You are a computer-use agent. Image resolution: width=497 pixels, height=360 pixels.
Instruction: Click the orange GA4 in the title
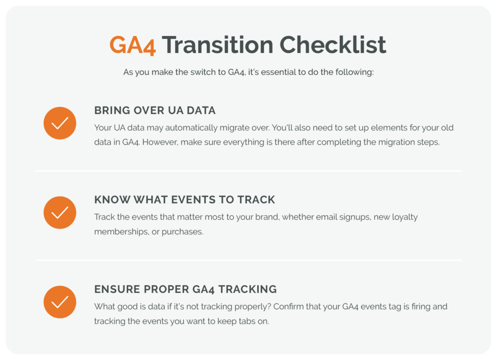click(133, 45)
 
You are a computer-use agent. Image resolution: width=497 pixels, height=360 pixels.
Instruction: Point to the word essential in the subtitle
click(278, 72)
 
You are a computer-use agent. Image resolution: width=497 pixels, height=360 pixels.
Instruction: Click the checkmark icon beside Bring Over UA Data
click(60, 123)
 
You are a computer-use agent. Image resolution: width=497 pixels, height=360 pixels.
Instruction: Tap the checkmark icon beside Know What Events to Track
click(60, 213)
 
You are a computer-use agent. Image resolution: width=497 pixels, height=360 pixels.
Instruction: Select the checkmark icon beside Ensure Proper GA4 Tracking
click(60, 302)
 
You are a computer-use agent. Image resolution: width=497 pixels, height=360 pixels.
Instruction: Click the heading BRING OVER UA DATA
click(155, 110)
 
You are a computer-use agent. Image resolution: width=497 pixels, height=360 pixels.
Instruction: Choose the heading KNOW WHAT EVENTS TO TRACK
click(184, 199)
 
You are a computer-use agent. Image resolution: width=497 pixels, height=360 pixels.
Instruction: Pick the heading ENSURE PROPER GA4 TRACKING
click(185, 289)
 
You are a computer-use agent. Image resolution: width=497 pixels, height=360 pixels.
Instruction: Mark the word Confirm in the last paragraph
click(288, 307)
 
